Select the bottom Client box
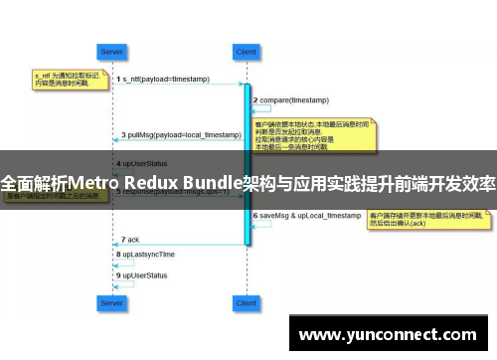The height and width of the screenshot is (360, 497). tap(245, 300)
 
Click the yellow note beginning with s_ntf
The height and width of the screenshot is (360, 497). tap(65, 79)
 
